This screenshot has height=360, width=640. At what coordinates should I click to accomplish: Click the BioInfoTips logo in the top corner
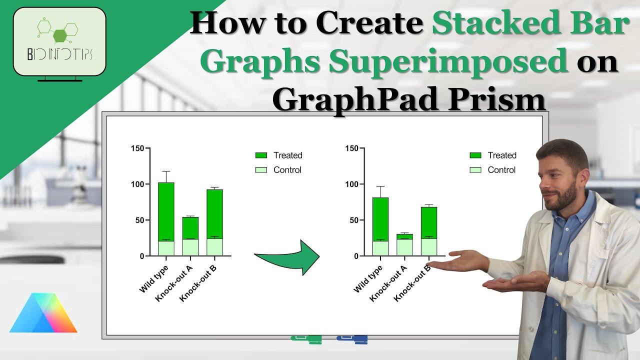coord(59,42)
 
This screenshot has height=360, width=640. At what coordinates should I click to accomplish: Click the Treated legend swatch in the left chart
coord(261,155)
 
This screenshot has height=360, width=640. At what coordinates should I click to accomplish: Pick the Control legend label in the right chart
coord(501,170)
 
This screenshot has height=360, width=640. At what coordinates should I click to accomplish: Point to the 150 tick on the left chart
coord(137,148)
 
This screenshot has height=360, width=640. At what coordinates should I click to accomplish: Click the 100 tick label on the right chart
coord(351,184)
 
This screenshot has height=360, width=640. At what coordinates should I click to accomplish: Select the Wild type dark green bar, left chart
coord(166,211)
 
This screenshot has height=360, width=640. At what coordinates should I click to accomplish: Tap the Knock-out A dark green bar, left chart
coord(190,227)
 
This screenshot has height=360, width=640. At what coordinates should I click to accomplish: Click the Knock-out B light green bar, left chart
coord(214,247)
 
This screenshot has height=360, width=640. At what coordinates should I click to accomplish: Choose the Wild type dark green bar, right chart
coord(380,218)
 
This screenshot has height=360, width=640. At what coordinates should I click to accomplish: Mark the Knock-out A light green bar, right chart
coord(404,247)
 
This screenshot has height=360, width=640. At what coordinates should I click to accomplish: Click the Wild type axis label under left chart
coord(153,279)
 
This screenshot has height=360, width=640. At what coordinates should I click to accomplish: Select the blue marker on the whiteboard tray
coord(352,339)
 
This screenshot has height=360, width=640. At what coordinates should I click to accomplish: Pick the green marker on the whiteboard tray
coord(307,339)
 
